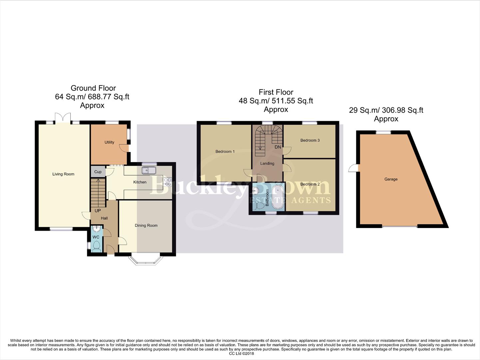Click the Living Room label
pyautogui.click(x=63, y=174)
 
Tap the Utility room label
pyautogui.click(x=109, y=142)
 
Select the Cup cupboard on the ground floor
pyautogui.click(x=98, y=172)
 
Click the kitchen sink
pyautogui.click(x=149, y=170)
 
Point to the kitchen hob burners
pyautogui.click(x=167, y=182)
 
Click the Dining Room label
pyautogui.click(x=146, y=225)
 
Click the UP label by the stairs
pyautogui.click(x=98, y=211)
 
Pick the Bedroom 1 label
pyautogui.click(x=225, y=151)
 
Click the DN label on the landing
pyautogui.click(x=277, y=147)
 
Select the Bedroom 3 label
pyautogui.click(x=310, y=140)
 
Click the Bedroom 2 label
pyautogui.click(x=310, y=184)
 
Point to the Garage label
pyautogui.click(x=391, y=179)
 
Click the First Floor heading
pyautogui.click(x=276, y=92)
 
